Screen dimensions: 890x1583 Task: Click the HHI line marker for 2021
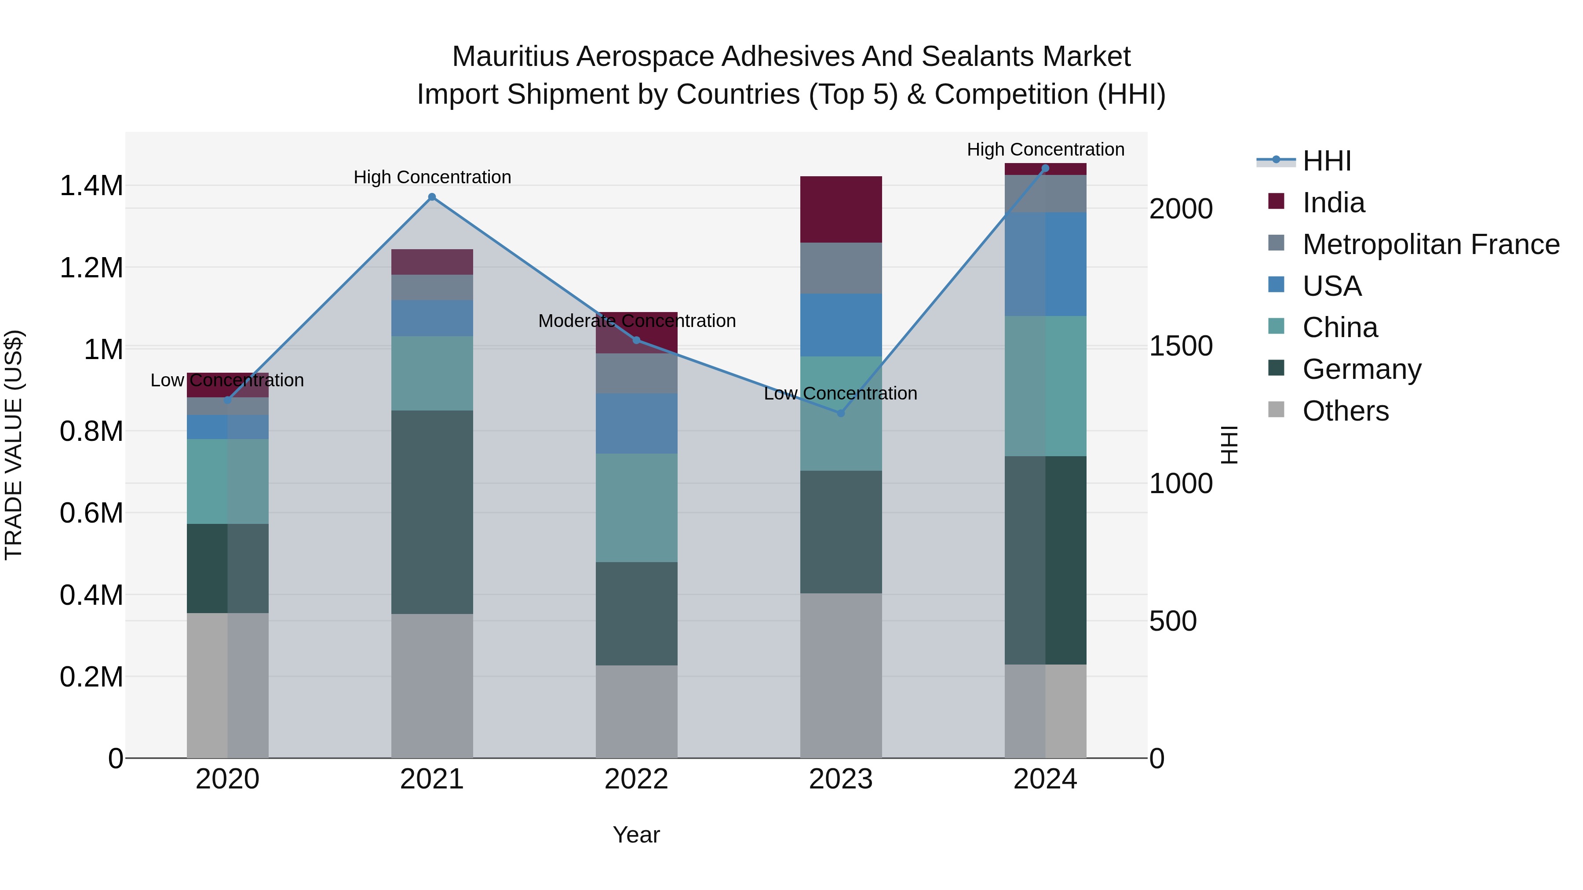click(432, 197)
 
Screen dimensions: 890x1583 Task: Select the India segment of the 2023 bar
click(841, 210)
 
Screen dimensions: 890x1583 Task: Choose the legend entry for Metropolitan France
click(1430, 244)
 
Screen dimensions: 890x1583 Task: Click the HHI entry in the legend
click(1327, 161)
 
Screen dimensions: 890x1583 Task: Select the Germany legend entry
click(1362, 369)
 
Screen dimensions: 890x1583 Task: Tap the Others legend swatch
click(1277, 410)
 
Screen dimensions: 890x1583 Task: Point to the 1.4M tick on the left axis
click(91, 185)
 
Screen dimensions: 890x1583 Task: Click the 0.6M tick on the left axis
click(91, 513)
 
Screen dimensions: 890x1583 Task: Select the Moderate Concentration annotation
click(637, 321)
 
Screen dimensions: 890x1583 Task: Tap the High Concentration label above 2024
click(1045, 149)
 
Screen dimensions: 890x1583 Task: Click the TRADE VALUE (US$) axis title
click(14, 445)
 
